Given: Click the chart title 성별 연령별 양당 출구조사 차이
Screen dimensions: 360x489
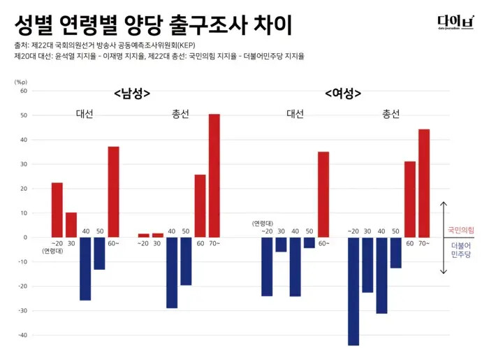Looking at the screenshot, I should pyautogui.click(x=153, y=25).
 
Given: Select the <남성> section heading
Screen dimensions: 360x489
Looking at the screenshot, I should pyautogui.click(x=133, y=93).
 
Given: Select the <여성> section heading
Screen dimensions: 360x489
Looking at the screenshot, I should pyautogui.click(x=343, y=93).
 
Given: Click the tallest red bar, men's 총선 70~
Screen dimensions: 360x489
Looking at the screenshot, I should pyautogui.click(x=214, y=175).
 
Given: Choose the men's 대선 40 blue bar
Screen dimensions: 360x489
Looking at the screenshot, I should pyautogui.click(x=85, y=268).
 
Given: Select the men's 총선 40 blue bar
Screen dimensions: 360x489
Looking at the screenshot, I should pyautogui.click(x=172, y=273).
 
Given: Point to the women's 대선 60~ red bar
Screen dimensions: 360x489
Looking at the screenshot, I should pyautogui.click(x=323, y=194).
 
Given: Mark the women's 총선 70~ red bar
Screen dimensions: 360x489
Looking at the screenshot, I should pyautogui.click(x=424, y=183).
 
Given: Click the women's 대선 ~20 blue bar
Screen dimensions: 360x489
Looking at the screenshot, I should pyautogui.click(x=267, y=266).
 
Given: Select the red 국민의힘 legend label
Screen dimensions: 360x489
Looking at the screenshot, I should pyautogui.click(x=461, y=229).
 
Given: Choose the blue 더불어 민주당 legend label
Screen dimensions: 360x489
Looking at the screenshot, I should pyautogui.click(x=461, y=251).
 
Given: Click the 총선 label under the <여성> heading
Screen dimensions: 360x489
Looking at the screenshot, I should pyautogui.click(x=391, y=114).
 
